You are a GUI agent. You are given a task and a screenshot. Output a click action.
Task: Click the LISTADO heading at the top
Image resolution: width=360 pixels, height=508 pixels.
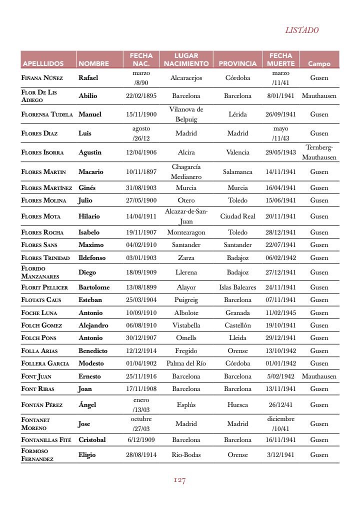point(301,30)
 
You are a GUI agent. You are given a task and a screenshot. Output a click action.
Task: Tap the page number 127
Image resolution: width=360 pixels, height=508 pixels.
point(179,480)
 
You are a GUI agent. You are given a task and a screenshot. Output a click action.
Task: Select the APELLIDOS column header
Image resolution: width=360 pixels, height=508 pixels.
point(43,64)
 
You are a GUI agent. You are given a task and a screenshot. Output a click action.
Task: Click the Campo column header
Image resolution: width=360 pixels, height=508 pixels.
point(319,64)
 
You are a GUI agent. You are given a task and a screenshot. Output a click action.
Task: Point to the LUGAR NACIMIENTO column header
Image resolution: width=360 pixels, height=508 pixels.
point(186,59)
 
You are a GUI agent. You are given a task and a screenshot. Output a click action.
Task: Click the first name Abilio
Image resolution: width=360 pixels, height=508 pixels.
point(88,95)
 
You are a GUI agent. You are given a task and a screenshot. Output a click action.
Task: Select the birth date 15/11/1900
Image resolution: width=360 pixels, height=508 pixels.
point(141,114)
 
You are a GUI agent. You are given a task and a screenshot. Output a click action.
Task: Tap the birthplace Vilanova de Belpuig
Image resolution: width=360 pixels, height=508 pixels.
point(186,114)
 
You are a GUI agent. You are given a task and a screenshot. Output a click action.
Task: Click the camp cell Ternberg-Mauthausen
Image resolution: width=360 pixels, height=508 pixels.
point(319,152)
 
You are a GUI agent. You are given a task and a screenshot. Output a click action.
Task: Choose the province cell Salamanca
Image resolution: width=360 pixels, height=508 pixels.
point(237,171)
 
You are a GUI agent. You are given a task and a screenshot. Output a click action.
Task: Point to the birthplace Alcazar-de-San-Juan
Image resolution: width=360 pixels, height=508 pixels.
point(186,216)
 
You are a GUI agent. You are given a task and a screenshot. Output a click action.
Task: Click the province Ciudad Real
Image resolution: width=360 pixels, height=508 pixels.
point(237,216)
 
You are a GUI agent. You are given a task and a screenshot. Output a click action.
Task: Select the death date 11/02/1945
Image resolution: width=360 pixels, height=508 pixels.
point(280,313)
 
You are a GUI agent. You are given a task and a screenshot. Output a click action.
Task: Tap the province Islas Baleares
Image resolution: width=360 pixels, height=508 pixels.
point(237,287)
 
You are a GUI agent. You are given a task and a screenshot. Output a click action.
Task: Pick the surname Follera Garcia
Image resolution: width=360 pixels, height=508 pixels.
point(45,363)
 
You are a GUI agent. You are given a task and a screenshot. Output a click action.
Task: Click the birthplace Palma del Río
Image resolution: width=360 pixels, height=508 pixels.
point(186,363)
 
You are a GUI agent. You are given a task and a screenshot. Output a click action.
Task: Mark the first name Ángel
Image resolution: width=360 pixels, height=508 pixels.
point(87,405)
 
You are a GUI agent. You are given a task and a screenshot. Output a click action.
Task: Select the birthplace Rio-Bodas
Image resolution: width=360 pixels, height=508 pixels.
point(186,455)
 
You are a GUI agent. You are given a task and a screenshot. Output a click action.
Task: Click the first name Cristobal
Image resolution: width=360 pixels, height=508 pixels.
point(92,440)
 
